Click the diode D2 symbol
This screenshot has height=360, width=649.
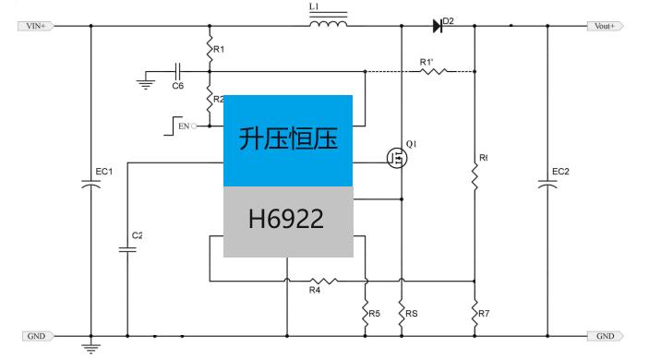(438, 26)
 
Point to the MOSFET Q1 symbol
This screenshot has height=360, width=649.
(398, 159)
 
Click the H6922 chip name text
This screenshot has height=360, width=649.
(286, 220)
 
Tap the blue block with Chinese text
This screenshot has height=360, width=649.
(288, 139)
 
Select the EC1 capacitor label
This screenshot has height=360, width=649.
(103, 172)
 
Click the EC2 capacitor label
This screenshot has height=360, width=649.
(560, 172)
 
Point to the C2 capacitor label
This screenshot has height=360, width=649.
(137, 235)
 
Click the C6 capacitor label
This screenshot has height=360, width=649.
(177, 86)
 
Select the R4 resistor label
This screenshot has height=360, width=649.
(314, 292)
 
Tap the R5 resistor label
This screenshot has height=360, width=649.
(374, 314)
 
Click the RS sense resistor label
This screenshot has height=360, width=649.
(411, 314)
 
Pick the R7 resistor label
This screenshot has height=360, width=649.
(484, 314)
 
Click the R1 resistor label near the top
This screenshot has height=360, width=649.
(219, 48)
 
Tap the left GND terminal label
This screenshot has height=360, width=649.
(36, 336)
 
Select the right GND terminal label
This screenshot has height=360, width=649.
(605, 336)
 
